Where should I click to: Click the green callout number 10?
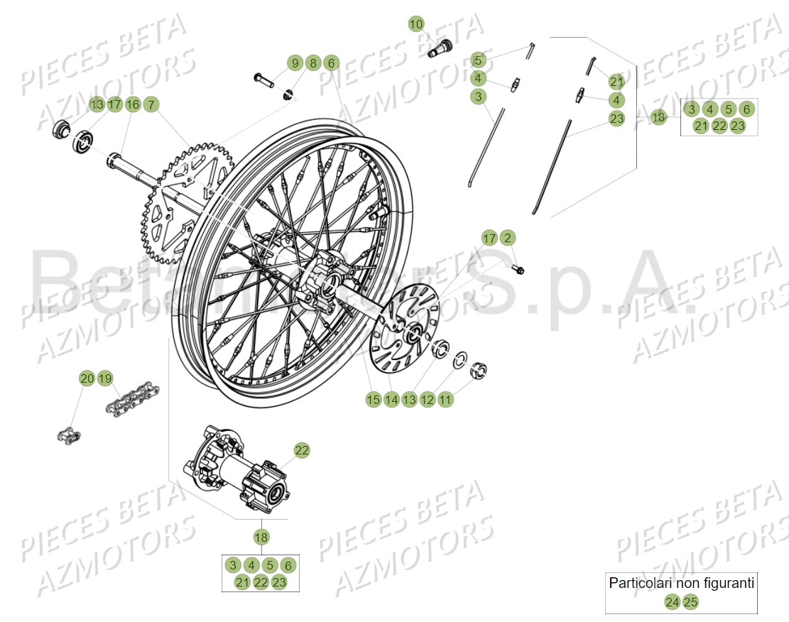click(416, 24)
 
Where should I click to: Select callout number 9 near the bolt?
click(295, 63)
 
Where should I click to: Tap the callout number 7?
click(150, 104)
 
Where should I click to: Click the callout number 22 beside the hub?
click(302, 450)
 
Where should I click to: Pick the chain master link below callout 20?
click(69, 432)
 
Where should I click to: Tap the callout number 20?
click(86, 378)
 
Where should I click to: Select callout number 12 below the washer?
click(427, 400)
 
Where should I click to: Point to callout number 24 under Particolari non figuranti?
click(672, 602)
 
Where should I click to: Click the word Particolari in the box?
click(635, 583)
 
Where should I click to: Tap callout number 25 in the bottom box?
click(690, 602)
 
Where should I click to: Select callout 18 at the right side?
click(658, 117)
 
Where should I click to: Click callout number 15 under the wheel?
click(374, 400)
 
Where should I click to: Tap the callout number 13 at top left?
click(97, 104)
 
